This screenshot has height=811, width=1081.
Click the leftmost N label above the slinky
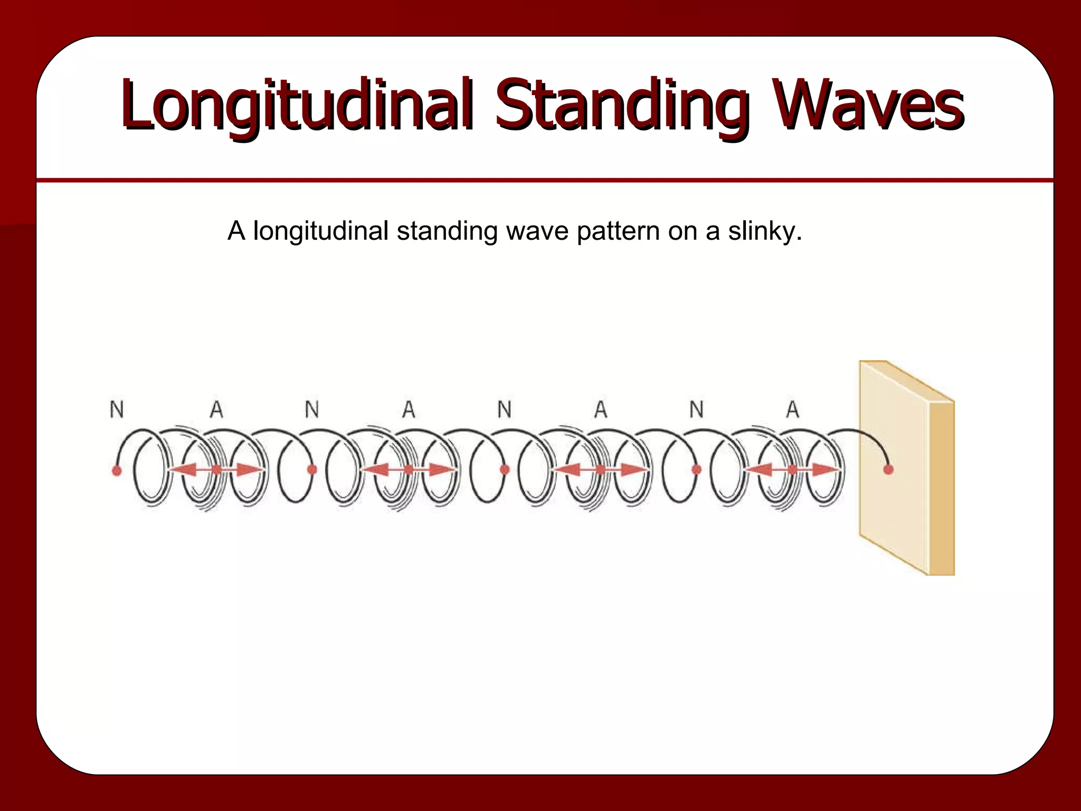[117, 409]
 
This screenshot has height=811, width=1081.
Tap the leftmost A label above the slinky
[216, 409]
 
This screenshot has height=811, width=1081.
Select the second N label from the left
[312, 409]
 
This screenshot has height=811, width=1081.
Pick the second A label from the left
[409, 409]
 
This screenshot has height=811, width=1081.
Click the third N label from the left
[505, 409]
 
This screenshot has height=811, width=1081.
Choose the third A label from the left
[601, 409]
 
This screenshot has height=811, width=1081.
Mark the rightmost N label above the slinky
[697, 409]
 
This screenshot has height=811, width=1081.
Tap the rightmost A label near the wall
[792, 409]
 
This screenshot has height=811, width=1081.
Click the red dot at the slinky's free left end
[117, 469]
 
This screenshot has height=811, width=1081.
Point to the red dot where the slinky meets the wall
[888, 469]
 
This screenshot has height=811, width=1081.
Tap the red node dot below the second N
[312, 469]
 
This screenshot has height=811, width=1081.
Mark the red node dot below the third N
[505, 469]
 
